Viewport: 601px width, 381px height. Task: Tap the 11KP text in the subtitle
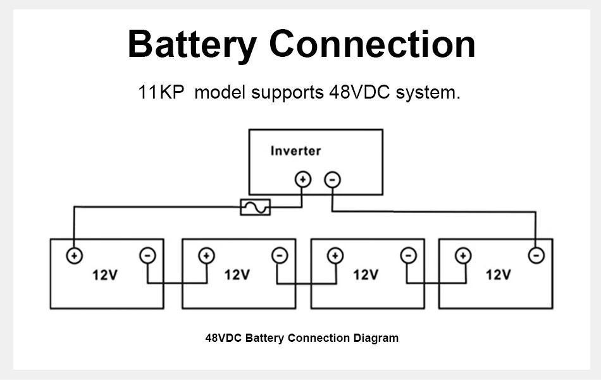161,92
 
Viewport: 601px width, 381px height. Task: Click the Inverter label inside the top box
295,151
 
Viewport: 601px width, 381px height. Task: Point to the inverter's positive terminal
303,179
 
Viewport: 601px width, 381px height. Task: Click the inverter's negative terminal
332,179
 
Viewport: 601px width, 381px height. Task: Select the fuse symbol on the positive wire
256,207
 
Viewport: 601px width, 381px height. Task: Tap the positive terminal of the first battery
75,256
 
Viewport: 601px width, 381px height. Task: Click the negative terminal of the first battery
147,255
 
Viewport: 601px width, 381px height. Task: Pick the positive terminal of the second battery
207,256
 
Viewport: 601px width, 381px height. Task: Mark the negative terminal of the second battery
280,255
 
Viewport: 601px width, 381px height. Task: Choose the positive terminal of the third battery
335,256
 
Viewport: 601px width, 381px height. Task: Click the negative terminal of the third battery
409,255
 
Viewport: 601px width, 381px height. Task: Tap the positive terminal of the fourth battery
463,255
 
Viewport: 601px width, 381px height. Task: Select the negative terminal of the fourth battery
536,255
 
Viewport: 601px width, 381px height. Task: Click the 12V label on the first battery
105,275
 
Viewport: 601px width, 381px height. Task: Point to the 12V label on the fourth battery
499,275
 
